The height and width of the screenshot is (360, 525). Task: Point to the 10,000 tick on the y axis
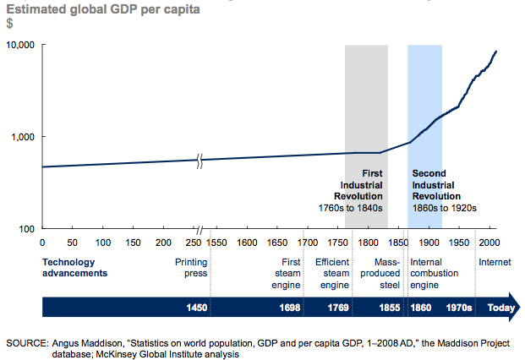(x=20, y=44)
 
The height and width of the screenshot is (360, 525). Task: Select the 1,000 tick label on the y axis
(x=23, y=136)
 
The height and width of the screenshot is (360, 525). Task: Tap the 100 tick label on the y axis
(x=28, y=229)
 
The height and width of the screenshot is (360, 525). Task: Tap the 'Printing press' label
(x=191, y=267)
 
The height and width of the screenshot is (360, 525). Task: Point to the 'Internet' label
(x=495, y=262)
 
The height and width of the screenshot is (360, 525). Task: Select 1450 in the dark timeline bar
(x=197, y=308)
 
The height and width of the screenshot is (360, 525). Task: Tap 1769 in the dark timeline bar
(x=325, y=308)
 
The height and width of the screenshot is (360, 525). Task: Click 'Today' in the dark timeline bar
(x=500, y=308)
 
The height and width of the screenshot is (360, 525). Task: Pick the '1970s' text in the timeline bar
(x=459, y=308)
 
